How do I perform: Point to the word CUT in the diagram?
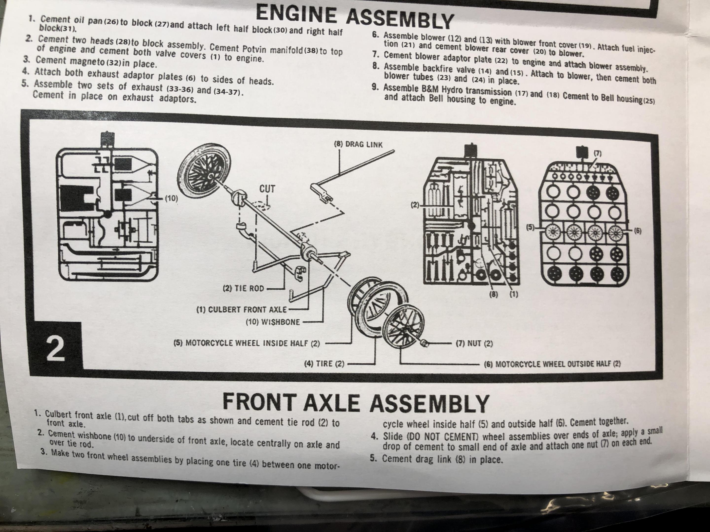pyautogui.click(x=267, y=189)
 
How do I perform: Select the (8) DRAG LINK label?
pyautogui.click(x=358, y=144)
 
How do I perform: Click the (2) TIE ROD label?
pyautogui.click(x=243, y=288)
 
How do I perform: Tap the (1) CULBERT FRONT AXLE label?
pyautogui.click(x=241, y=309)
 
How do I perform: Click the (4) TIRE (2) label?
pyautogui.click(x=324, y=364)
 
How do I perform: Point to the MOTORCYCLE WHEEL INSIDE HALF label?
pyautogui.click(x=247, y=343)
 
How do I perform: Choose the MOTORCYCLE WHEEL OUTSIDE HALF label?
pyautogui.click(x=552, y=364)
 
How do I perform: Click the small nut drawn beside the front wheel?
pyautogui.click(x=424, y=343)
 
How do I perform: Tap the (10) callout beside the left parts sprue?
pyautogui.click(x=171, y=199)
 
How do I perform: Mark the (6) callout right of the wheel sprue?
pyautogui.click(x=638, y=231)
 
